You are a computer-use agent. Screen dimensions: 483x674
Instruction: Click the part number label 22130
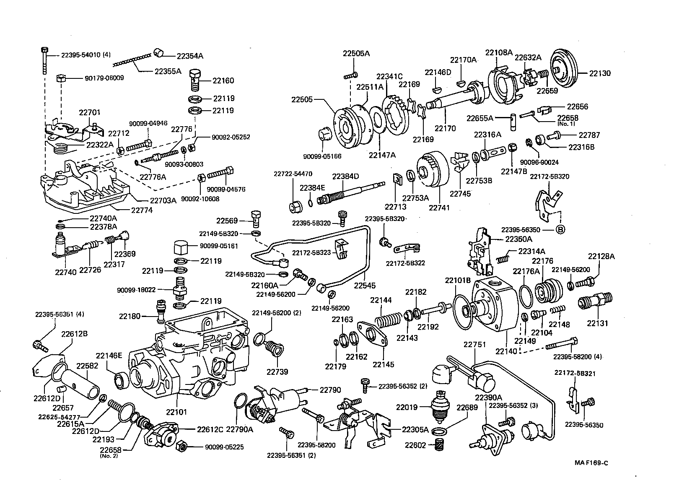tap(600, 73)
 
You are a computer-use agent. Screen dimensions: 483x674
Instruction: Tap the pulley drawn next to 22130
tap(563, 69)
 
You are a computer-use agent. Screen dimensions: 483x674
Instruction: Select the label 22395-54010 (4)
tap(86, 55)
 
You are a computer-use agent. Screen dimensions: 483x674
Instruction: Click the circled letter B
tap(560, 229)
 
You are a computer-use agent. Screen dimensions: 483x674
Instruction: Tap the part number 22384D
tap(346, 176)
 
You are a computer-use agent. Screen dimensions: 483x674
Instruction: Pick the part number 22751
tap(474, 345)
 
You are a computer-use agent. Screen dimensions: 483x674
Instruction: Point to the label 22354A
tap(189, 56)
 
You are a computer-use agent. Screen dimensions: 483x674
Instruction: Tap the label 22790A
tap(240, 429)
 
